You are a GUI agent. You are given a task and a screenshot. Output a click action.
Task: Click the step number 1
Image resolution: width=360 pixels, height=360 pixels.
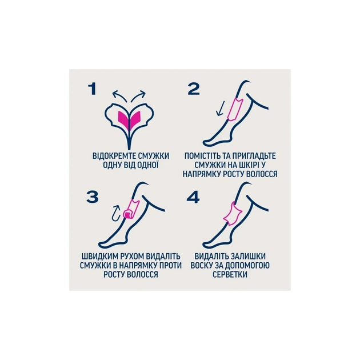(93, 89)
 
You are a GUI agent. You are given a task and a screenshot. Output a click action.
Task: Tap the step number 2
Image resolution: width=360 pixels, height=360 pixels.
(194, 89)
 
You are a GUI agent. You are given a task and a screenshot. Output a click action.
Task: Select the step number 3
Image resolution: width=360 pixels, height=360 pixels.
(93, 197)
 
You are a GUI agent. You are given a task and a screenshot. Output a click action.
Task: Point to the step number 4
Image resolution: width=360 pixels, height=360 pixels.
(193, 197)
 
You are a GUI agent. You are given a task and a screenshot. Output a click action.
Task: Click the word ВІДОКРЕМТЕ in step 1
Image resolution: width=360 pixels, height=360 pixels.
(114, 156)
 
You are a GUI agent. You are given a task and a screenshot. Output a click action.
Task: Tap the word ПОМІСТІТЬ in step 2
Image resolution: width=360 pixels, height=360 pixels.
(203, 156)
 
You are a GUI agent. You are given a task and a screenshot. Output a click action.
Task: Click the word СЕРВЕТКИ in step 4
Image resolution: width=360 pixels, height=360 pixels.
(230, 274)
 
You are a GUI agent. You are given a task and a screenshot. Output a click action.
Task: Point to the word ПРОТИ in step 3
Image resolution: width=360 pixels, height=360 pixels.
(170, 265)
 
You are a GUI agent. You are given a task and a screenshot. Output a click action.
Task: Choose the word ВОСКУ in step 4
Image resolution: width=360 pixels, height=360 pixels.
(202, 265)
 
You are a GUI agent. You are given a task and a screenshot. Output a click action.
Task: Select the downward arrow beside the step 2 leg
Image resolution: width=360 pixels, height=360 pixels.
(220, 110)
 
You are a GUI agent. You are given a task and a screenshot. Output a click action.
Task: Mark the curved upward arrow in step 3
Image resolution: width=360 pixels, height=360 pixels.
(116, 213)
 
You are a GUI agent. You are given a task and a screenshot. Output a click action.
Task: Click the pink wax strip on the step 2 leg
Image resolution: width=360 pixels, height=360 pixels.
(235, 109)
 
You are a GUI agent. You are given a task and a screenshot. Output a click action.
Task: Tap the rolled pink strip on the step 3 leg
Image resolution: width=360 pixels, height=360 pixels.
(131, 210)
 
